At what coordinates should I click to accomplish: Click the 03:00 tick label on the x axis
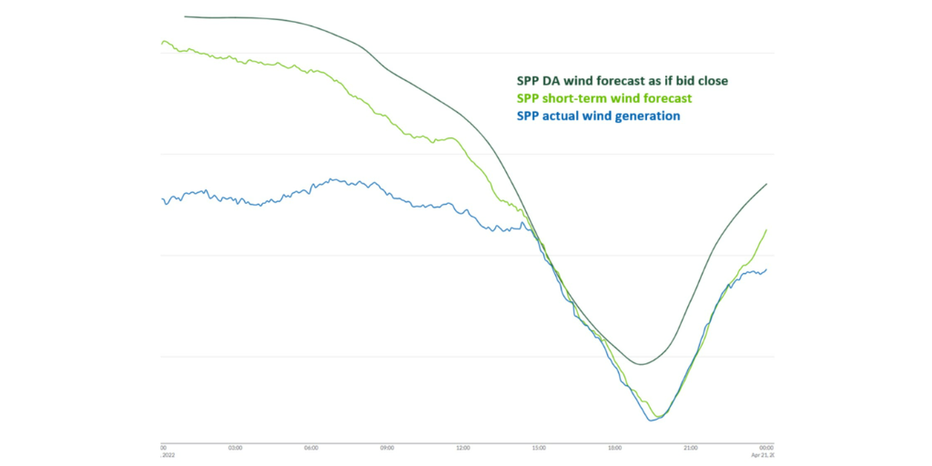(235, 448)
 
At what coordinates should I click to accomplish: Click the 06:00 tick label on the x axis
(311, 448)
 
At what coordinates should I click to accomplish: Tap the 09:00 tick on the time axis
(387, 448)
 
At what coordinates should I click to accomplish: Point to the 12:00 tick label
(462, 448)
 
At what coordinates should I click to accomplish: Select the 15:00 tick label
(539, 448)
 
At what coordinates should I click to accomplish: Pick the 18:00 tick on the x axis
(615, 448)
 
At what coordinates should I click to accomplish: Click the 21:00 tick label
(691, 448)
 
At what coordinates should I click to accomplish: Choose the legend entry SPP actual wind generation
(598, 116)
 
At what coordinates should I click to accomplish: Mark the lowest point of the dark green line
(641, 364)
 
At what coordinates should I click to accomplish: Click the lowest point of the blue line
(651, 420)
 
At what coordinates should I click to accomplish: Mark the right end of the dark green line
(767, 184)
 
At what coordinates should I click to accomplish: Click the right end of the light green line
(767, 229)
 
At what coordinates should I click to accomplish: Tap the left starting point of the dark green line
(185, 16)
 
